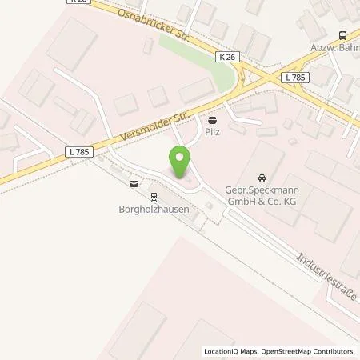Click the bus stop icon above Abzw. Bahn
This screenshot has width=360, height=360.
click(343, 34)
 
